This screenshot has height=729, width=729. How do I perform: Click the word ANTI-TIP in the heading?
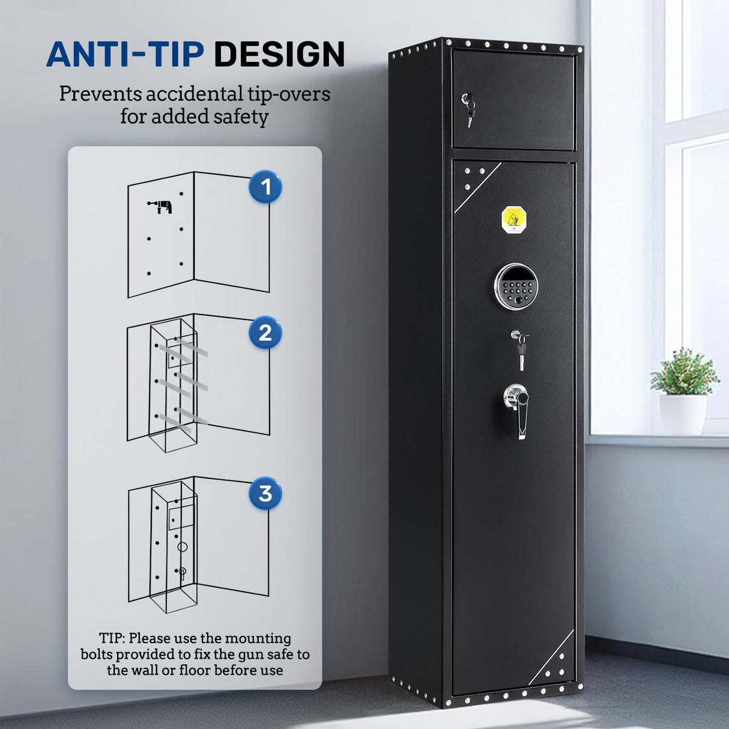click(125, 54)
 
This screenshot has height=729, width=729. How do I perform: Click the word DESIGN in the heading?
click(279, 54)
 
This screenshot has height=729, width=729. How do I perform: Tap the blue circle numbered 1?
click(265, 187)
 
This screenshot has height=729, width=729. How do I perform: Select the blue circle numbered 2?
click(265, 333)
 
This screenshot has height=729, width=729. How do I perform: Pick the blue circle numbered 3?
click(265, 494)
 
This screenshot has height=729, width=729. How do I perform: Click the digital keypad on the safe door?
click(516, 287)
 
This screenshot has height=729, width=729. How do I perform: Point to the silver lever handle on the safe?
click(519, 408)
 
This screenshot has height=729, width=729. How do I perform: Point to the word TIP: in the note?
click(112, 638)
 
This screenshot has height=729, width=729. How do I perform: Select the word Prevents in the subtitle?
click(100, 94)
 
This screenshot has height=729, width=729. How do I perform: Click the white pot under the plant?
click(683, 414)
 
